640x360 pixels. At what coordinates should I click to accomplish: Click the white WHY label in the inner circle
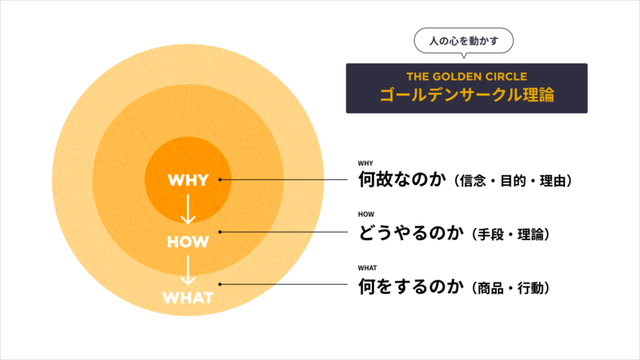[187, 181]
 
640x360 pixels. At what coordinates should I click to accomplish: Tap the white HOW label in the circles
[187, 241]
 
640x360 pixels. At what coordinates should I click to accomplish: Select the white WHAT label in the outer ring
[187, 297]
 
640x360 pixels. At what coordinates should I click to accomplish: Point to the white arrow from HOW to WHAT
[187, 270]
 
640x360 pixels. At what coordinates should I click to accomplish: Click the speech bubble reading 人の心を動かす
[464, 42]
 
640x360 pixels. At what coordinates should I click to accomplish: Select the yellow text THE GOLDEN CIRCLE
[466, 77]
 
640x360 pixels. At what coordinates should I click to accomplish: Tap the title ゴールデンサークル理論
[466, 96]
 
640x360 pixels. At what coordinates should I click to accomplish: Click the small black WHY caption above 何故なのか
[366, 164]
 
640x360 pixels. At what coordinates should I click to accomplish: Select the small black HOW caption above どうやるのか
[366, 214]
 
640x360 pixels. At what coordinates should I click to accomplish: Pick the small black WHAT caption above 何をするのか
[367, 268]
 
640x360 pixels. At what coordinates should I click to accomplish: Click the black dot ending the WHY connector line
[221, 180]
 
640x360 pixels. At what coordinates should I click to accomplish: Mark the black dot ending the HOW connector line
[221, 232]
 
